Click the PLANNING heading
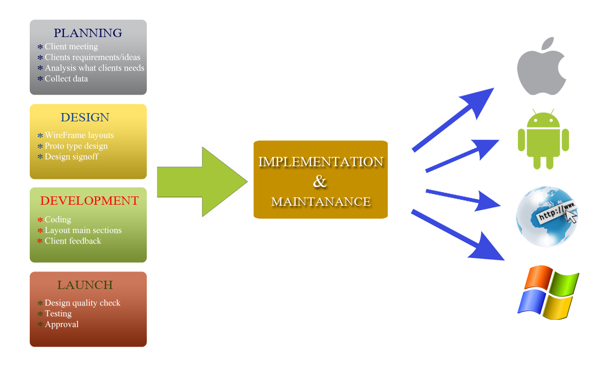point(88,33)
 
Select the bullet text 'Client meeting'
point(71,47)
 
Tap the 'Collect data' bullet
point(66,78)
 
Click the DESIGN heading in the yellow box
point(85,117)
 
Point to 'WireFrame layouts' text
point(79,135)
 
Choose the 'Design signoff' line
point(71,156)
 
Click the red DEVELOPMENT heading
point(89,201)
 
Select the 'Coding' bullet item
point(58,219)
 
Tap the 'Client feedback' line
point(73,241)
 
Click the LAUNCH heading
point(85,285)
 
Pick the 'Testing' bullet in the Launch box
point(58,313)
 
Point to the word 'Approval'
point(61,324)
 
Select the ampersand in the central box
point(320,182)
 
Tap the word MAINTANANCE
point(320,201)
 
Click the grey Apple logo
point(541,66)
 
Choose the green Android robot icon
point(543,139)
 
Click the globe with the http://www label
point(546,216)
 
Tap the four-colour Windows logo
point(548,292)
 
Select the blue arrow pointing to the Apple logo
point(454,119)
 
